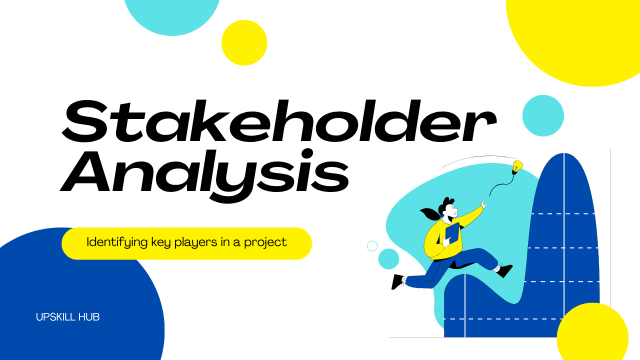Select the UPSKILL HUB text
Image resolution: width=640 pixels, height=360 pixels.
pos(68,317)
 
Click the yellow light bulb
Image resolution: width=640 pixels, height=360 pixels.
pos(517,165)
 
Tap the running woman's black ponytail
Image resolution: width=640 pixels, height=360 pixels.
pos(429,214)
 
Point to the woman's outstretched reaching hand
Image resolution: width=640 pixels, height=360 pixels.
pos(483,203)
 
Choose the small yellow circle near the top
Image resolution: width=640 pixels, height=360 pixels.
pos(244,42)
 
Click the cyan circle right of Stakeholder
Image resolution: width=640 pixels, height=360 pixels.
pos(543,115)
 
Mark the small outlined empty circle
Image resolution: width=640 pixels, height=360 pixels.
pos(372,246)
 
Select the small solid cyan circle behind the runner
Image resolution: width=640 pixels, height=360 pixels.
pos(388,259)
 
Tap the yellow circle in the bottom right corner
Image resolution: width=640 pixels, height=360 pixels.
pos(592,335)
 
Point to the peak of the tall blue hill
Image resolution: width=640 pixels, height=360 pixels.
pos(564,156)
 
